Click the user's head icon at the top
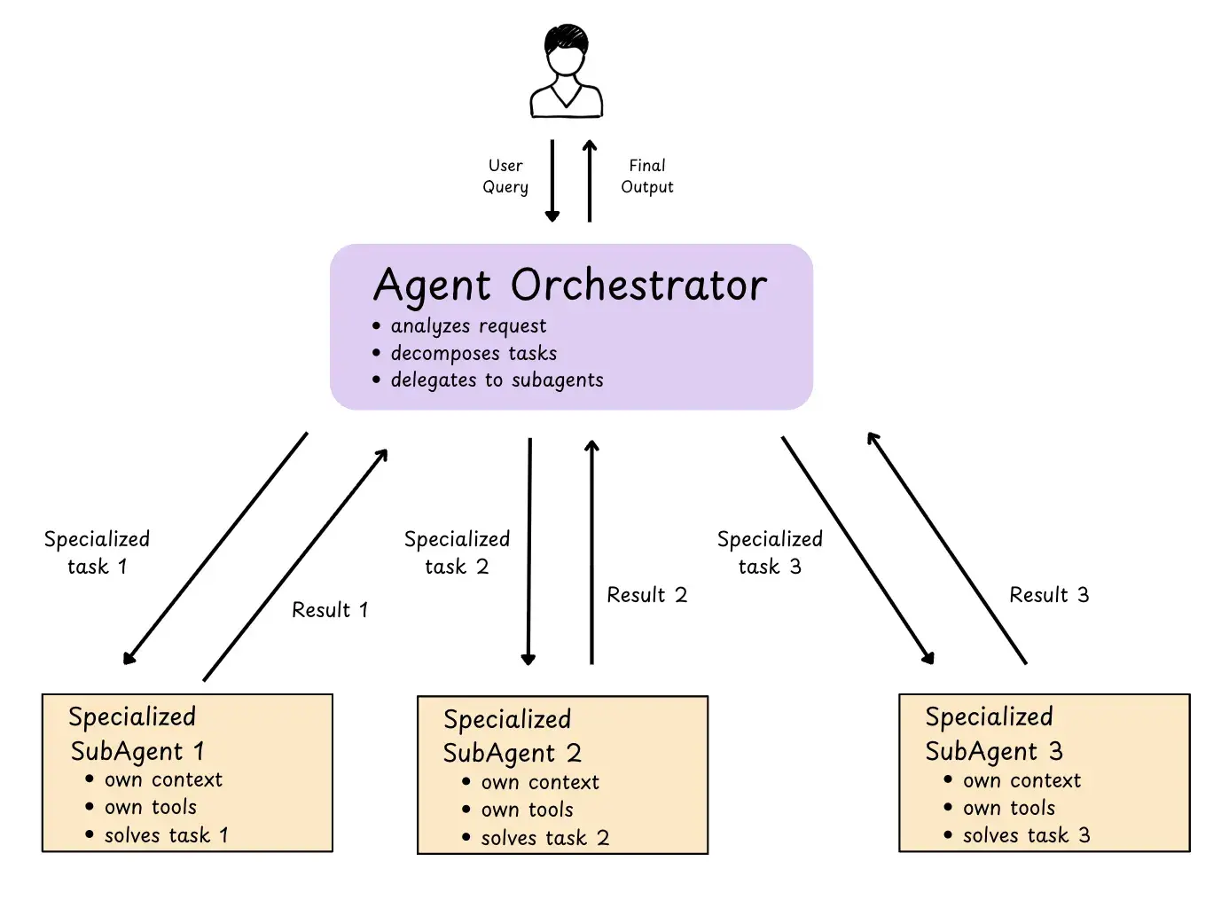point(565,53)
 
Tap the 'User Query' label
point(505,176)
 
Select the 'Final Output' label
point(646,176)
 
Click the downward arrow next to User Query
point(552,180)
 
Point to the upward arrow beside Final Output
point(590,180)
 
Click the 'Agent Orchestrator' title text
point(570,286)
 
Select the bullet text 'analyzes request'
point(468,326)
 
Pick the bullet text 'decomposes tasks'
point(474,353)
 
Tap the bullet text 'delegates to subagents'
point(497,380)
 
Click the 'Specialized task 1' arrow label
point(97,552)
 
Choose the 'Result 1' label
point(329,610)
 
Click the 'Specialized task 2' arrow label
point(457,552)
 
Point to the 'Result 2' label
point(646,595)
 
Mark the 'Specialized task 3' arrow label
point(770,552)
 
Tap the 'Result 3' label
point(1049,595)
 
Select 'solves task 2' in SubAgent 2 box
point(544,838)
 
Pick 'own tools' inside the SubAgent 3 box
point(1009,808)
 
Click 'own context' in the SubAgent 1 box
point(163,780)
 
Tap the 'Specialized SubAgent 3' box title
point(992,734)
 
